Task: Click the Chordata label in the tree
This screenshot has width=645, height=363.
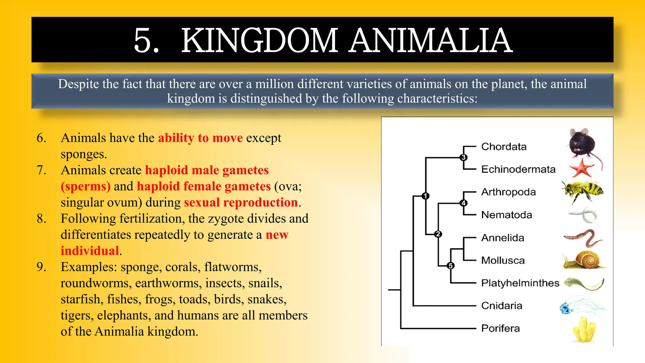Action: coord(504,147)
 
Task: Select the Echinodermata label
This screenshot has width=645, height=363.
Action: coord(518,170)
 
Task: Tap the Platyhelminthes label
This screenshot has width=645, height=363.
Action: coord(520,283)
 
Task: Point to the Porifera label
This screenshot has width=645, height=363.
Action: coord(500,328)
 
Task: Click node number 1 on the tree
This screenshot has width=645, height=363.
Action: coord(425,196)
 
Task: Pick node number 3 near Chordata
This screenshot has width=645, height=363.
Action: coord(463,157)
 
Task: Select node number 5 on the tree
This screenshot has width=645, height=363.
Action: coord(451,266)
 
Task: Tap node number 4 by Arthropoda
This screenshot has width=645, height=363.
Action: coord(463,203)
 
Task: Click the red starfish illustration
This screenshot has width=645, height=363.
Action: coord(581,168)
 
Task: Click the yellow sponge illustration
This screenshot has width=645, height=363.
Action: coord(584,330)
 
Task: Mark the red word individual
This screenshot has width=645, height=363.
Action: coord(90,251)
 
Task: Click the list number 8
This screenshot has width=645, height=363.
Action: coord(41,219)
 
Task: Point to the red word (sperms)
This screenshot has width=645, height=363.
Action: coord(86,187)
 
